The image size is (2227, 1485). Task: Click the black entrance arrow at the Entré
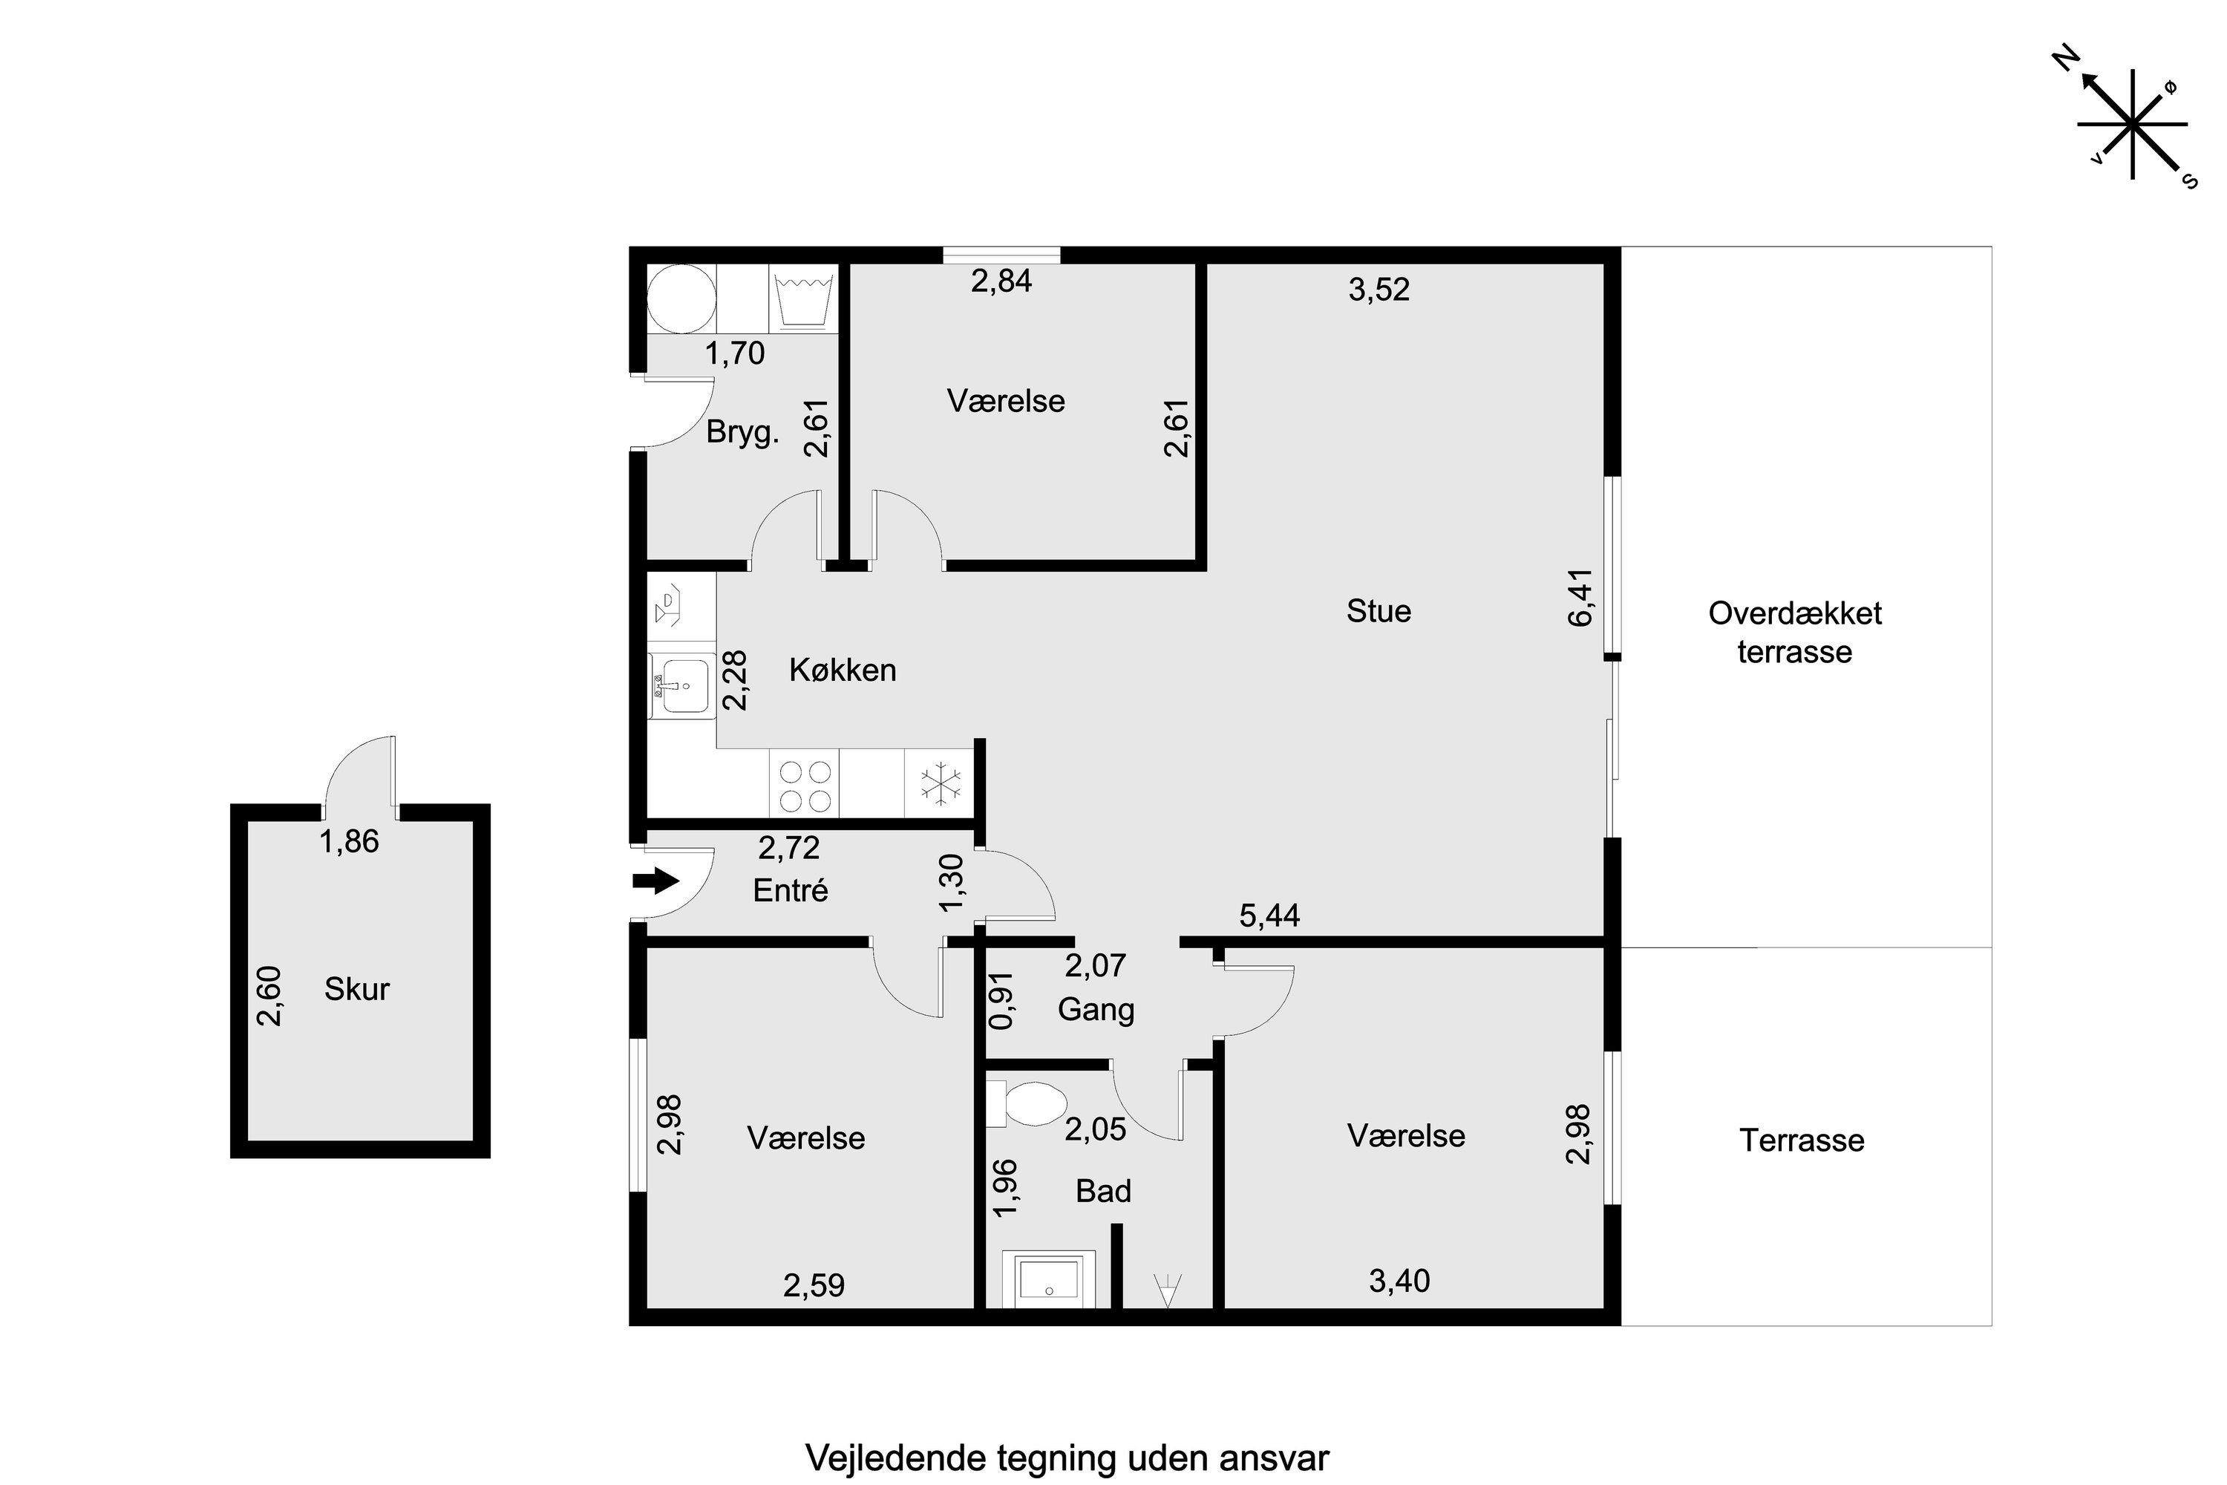656,882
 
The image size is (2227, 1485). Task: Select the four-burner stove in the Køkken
805,787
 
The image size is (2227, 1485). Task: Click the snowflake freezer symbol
941,784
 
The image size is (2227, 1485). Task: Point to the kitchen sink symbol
681,681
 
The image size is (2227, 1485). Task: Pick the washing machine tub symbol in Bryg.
804,298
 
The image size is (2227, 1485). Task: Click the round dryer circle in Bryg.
681,298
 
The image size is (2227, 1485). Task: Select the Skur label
357,989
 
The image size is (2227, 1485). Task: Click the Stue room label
1379,611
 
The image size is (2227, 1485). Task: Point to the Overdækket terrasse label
1795,632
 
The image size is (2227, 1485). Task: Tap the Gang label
1096,1011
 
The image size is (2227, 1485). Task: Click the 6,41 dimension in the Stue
1581,598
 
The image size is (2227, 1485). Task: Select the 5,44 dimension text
1269,916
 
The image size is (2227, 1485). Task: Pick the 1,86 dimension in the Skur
350,841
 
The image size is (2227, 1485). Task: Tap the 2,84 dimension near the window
1001,281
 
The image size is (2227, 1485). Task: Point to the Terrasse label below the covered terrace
1802,1140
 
